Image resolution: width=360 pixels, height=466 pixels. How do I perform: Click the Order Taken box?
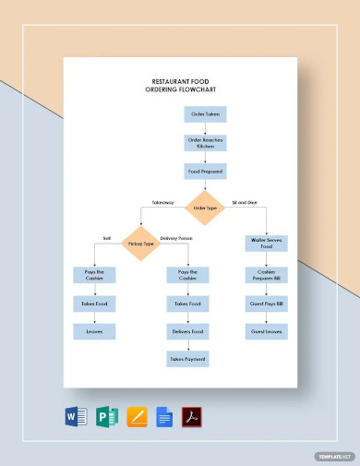[204, 115]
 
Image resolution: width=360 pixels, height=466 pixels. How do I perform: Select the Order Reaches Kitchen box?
[204, 143]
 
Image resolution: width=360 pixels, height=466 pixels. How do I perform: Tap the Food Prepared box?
[204, 172]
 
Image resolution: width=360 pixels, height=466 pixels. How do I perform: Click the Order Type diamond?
[204, 209]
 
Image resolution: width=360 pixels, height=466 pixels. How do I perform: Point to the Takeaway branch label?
[162, 201]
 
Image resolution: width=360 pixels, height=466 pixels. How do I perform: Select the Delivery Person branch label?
[175, 239]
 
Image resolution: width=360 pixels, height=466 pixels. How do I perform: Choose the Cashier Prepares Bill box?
[266, 274]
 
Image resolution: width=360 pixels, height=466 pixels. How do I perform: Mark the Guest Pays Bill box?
[266, 303]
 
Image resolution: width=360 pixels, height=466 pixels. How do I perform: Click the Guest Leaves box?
[266, 330]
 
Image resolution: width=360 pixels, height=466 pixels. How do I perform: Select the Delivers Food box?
[186, 330]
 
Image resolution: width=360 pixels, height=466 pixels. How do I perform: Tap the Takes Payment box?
[186, 358]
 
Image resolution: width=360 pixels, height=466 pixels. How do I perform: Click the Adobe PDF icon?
[191, 416]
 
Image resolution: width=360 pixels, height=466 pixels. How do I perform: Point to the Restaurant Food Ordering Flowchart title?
[181, 86]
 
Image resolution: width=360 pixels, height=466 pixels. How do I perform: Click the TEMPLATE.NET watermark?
[333, 455]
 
